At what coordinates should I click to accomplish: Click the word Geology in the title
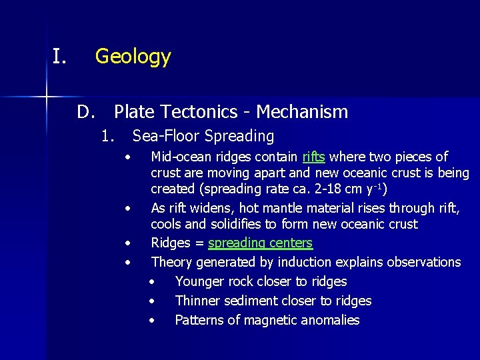point(133,57)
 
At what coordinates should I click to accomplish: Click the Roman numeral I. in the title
point(59,57)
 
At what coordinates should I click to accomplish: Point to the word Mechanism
point(302,112)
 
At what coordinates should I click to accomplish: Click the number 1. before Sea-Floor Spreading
point(109,137)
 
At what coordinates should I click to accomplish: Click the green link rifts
point(313,157)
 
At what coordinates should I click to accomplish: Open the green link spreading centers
point(260,243)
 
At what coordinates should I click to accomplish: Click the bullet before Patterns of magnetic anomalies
point(152,321)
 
